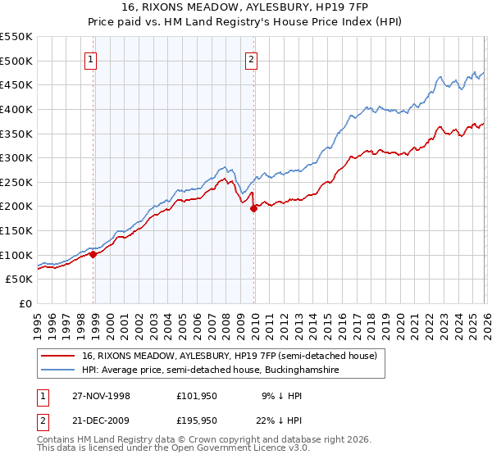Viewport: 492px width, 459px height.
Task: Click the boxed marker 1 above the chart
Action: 90,59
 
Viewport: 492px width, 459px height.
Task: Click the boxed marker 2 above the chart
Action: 251,59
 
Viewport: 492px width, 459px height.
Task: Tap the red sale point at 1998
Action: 93,254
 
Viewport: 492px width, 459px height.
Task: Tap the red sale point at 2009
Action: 253,208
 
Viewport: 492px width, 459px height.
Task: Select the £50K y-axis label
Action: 20,279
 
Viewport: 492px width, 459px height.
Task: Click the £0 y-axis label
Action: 25,304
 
